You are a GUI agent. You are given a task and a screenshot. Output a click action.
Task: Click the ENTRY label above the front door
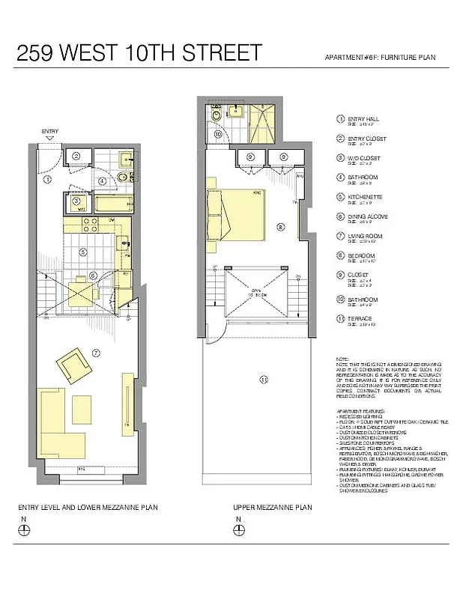49,132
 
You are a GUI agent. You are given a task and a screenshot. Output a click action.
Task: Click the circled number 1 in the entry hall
47,180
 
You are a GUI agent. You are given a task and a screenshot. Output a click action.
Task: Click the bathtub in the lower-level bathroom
114,204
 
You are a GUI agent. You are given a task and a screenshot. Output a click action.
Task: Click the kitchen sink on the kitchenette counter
124,242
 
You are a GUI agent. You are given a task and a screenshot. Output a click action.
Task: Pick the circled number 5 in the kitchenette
84,252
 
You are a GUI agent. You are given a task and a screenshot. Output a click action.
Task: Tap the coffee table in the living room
81,409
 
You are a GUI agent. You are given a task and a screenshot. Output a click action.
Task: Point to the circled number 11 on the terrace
263,380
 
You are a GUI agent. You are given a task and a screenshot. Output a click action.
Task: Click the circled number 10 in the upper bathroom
217,135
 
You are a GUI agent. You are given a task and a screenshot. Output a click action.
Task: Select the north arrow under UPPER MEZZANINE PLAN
238,529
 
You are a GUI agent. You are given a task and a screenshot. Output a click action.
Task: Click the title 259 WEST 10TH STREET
139,53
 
